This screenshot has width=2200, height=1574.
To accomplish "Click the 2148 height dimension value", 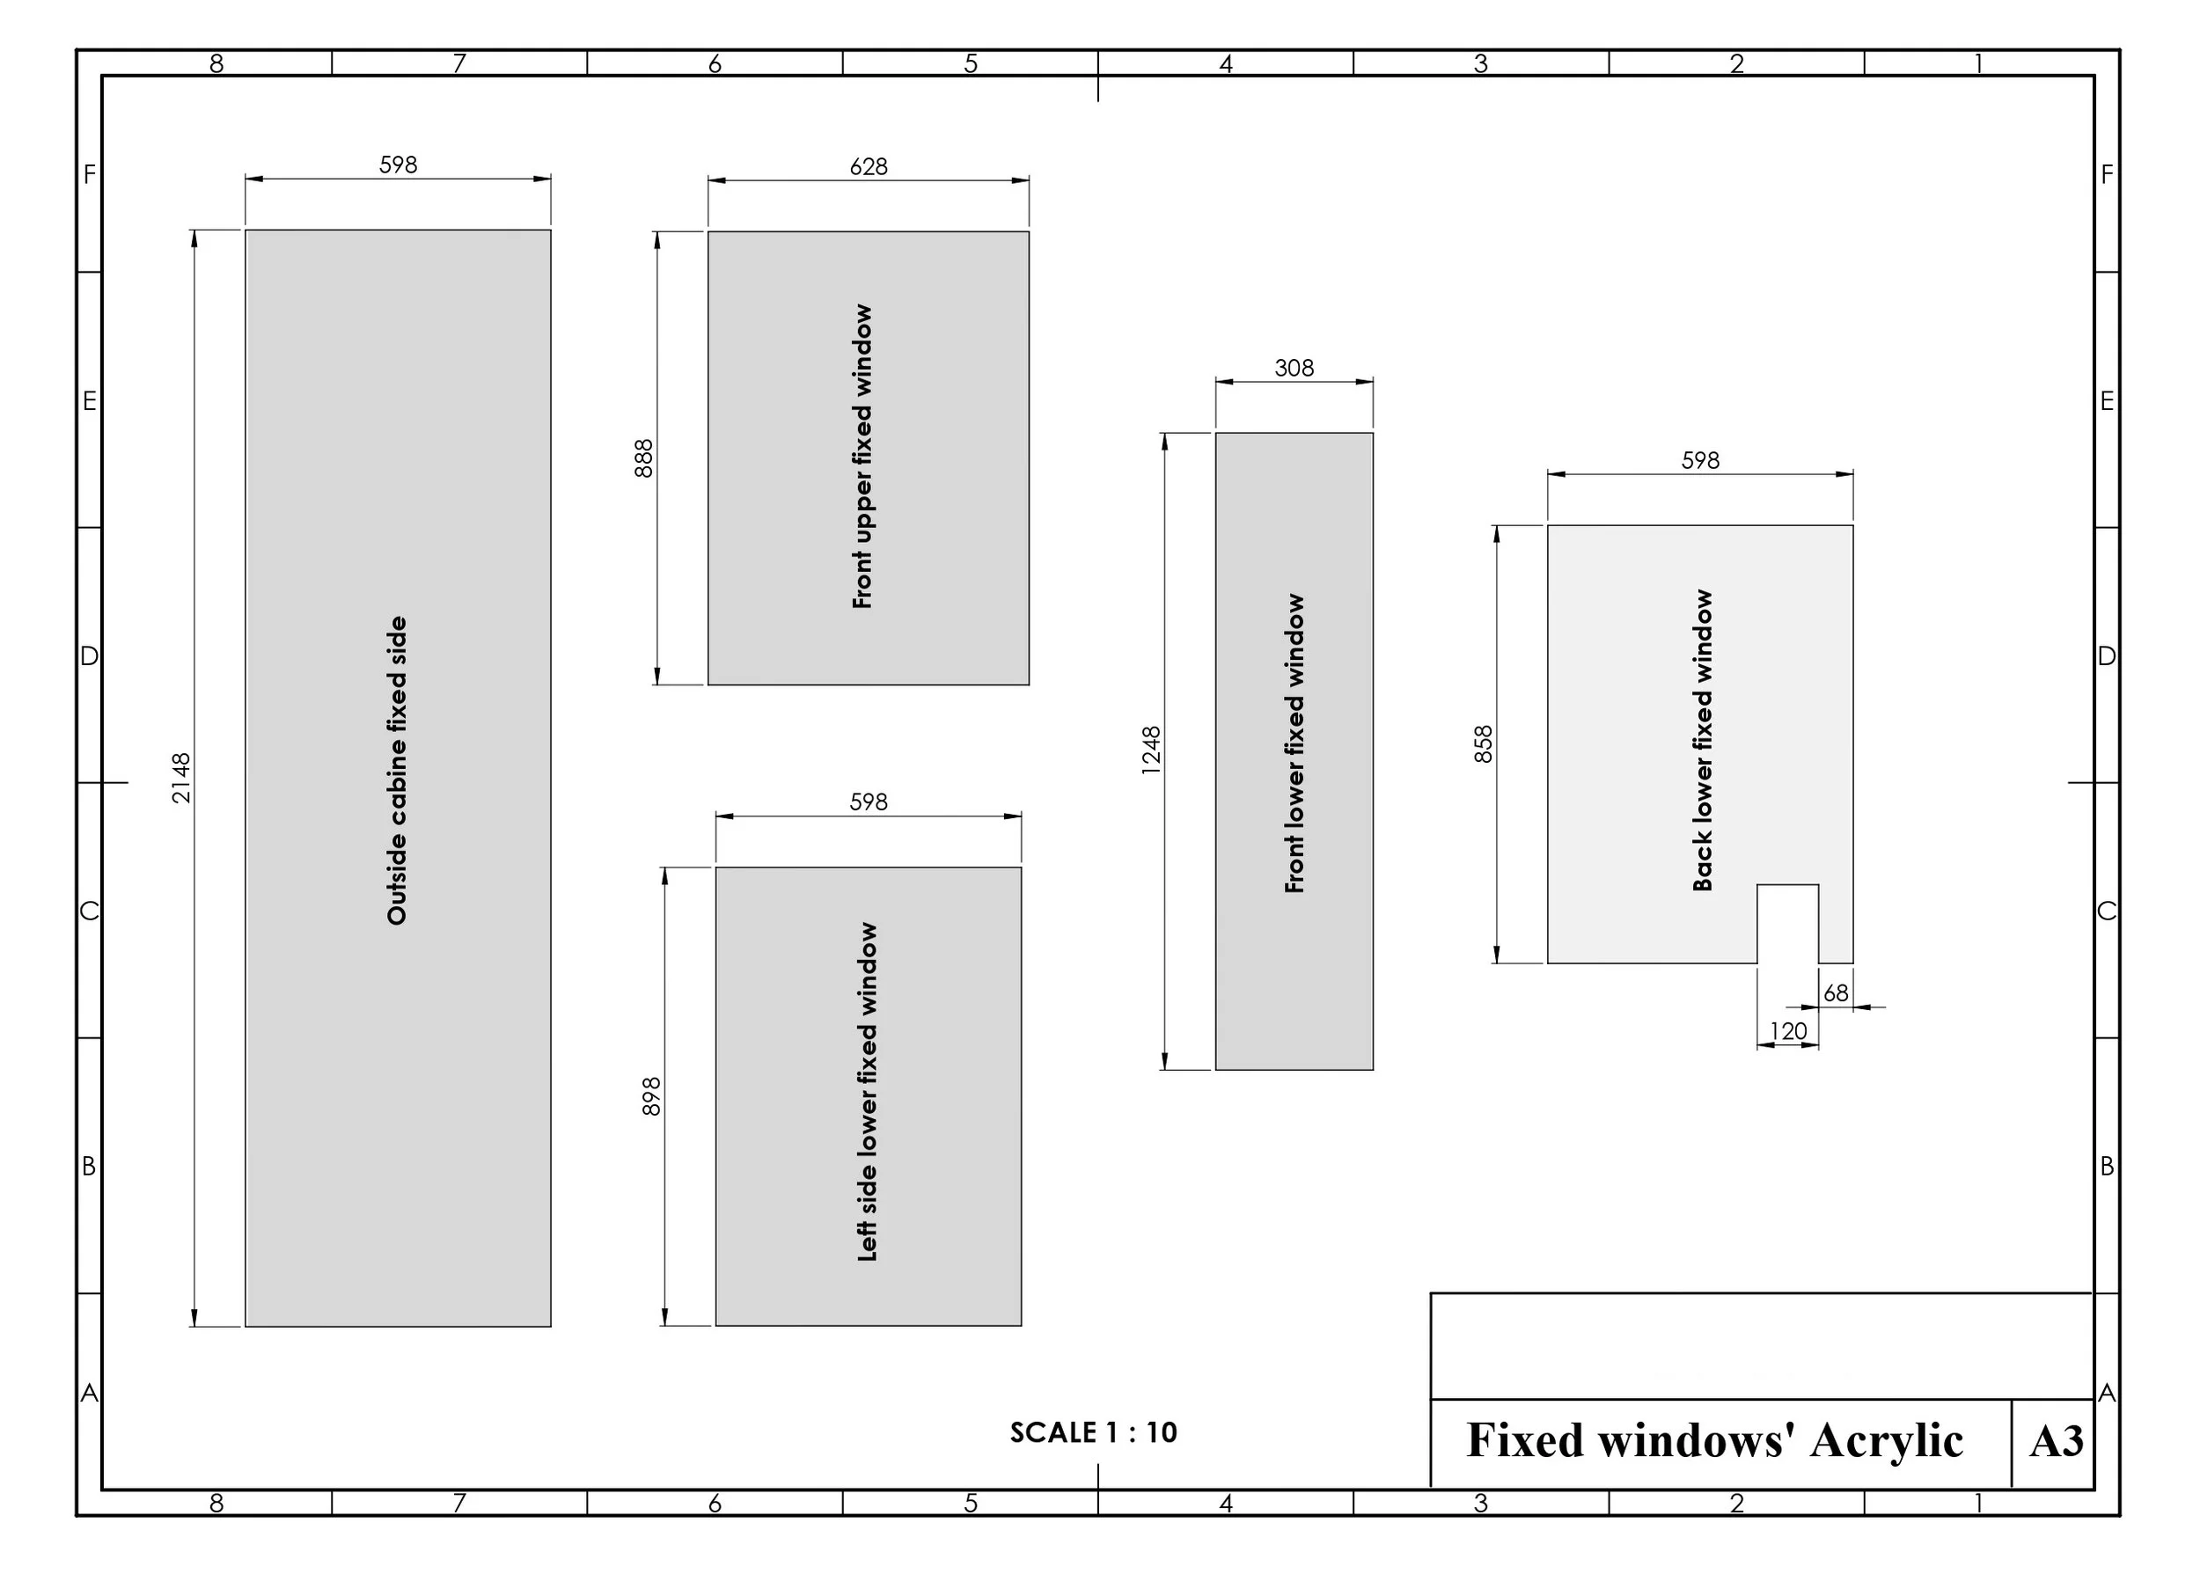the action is click(x=181, y=779).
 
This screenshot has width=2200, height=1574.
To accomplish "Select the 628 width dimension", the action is click(x=869, y=166).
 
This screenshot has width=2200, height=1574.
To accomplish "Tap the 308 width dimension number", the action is click(x=1294, y=369).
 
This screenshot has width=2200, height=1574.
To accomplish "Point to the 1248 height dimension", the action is click(x=1151, y=750).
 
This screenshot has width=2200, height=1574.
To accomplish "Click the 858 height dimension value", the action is click(x=1483, y=744).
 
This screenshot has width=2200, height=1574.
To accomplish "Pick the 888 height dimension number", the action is click(x=643, y=458).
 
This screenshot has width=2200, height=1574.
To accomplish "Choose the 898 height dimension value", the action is click(x=651, y=1096).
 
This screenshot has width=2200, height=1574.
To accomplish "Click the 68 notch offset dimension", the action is click(x=1836, y=993).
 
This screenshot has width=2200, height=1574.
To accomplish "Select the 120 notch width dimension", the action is click(x=1788, y=1031).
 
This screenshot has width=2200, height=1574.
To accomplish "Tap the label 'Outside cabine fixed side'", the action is click(x=398, y=771).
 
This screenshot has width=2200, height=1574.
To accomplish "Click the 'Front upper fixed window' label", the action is click(x=862, y=457).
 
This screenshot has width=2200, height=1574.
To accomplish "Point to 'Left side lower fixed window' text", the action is click(x=868, y=1093).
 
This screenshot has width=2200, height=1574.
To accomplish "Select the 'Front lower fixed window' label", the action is click(x=1294, y=743).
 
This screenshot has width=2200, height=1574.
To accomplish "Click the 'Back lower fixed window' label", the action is click(x=1703, y=741).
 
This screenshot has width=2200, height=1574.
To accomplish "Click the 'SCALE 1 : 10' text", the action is click(x=1093, y=1432).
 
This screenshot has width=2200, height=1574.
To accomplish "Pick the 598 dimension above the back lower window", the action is click(x=1700, y=460).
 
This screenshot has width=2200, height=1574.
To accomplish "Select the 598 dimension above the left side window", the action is click(x=869, y=802).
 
